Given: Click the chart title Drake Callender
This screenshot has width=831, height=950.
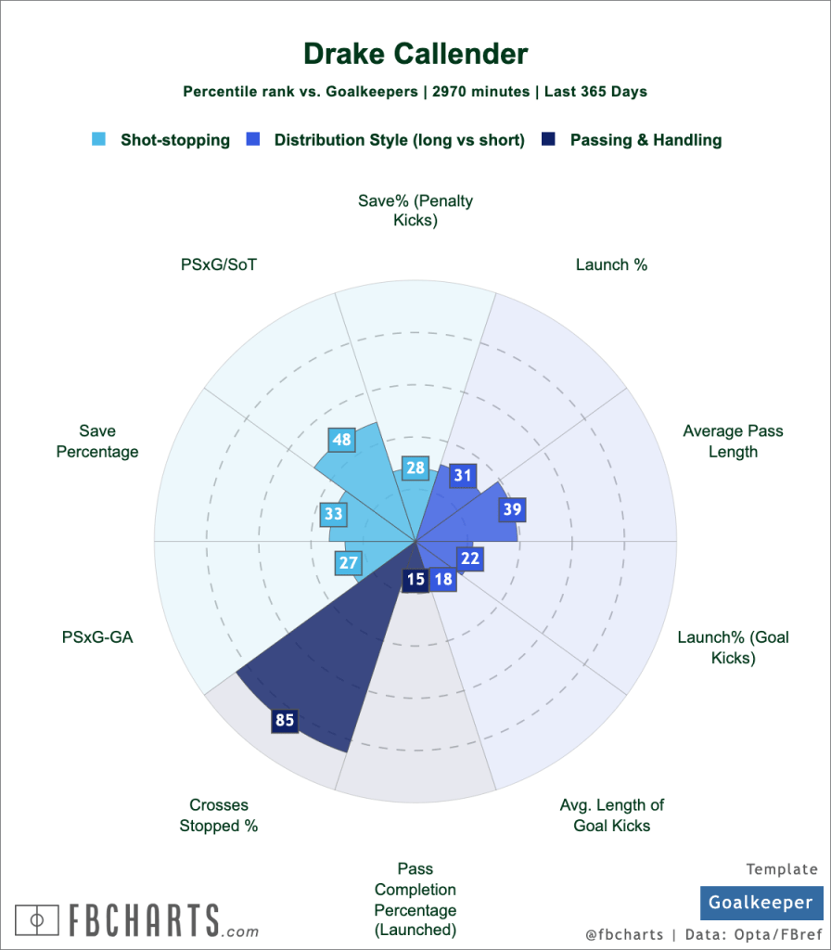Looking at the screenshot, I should tap(415, 54).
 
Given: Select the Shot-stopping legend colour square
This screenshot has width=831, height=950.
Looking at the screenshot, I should tap(99, 140).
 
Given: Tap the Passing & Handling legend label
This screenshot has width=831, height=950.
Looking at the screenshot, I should tap(646, 140).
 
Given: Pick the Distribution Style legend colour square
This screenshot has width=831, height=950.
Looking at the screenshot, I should tap(252, 140).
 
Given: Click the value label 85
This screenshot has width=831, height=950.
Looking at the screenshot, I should tap(285, 720).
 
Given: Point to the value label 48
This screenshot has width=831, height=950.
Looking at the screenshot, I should tap(341, 440).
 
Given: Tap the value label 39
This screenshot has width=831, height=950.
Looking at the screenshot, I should tap(512, 508).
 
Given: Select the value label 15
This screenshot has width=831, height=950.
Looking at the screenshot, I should tap(415, 580).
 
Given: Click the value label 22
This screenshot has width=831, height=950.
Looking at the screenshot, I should tap(470, 558).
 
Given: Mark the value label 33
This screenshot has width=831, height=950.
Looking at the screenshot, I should tap(333, 513).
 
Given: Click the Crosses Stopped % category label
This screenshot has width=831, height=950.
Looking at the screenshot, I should tap(219, 815).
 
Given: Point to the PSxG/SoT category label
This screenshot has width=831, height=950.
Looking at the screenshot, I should tap(219, 265).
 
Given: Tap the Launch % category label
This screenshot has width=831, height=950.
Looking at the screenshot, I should tap(611, 265).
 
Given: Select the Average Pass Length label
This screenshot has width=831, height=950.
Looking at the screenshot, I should tap(733, 442).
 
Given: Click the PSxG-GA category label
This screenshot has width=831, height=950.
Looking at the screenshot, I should tap(97, 637).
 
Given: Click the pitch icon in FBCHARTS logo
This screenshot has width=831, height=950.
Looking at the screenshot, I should tap(36, 920).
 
